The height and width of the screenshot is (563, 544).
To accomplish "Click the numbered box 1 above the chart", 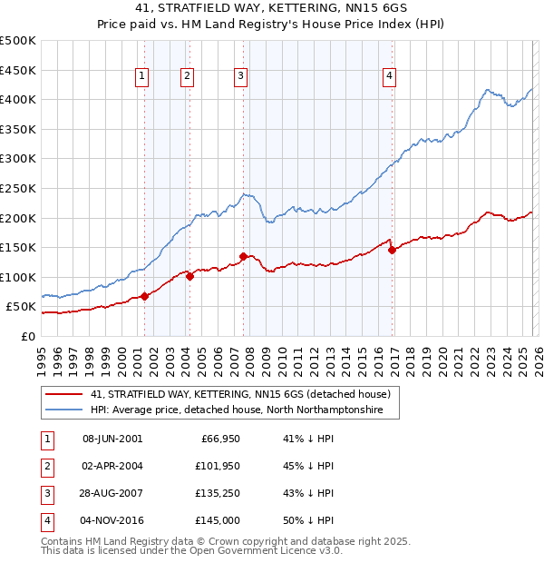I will pyautogui.click(x=143, y=77).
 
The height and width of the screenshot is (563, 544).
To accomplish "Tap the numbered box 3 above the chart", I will pyautogui.click(x=241, y=77).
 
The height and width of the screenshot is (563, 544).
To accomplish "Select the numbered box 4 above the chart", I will pyautogui.click(x=389, y=77).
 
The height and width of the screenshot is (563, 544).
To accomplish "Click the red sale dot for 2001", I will pyautogui.click(x=144, y=296).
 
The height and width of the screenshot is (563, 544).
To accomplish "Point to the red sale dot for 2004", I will pyautogui.click(x=189, y=276).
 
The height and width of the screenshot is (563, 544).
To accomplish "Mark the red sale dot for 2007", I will pyautogui.click(x=243, y=256).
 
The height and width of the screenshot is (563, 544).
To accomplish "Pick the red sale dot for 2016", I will pyautogui.click(x=392, y=251).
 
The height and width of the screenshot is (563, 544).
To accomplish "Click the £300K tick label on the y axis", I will pyautogui.click(x=18, y=158).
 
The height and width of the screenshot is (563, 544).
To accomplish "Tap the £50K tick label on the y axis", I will pyautogui.click(x=21, y=307).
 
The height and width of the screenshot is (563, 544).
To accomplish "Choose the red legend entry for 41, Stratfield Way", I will pyautogui.click(x=239, y=394).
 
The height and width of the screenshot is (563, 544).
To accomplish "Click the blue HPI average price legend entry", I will pyautogui.click(x=236, y=410).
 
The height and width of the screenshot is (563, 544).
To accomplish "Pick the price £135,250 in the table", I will pyautogui.click(x=218, y=493).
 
